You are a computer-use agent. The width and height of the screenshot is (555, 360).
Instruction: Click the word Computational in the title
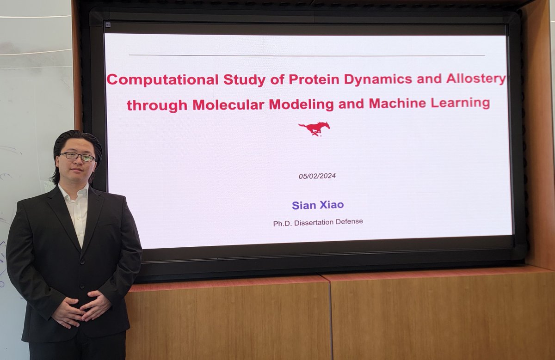pos(163,80)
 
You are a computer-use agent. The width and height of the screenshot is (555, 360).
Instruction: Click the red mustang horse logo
pos(314,128)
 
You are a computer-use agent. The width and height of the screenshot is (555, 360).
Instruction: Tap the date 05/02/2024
pos(317,176)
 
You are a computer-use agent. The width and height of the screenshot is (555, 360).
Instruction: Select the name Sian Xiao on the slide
pos(317,205)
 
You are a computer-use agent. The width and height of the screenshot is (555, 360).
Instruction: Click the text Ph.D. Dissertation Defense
pos(318,222)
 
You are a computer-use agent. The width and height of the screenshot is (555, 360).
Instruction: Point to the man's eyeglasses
pos(77,157)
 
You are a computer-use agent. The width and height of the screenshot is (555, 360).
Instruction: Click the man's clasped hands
pos(81,309)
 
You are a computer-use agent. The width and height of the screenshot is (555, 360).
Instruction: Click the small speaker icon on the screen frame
pos(108,24)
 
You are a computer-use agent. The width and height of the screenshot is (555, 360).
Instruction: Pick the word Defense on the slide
pos(347,222)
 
